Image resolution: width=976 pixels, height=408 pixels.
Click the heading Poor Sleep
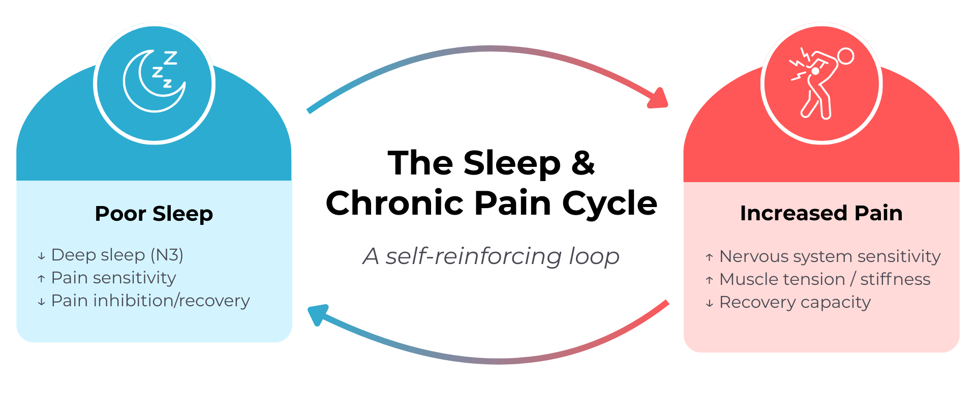click(154, 214)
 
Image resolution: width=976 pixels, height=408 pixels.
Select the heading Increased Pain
click(821, 213)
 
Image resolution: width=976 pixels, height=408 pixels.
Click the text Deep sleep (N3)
click(117, 254)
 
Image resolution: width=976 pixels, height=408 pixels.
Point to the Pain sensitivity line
click(113, 278)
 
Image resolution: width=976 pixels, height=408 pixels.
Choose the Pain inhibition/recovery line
click(150, 301)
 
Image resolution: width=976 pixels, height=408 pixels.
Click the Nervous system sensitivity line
click(830, 256)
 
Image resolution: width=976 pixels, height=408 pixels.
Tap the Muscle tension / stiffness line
click(825, 279)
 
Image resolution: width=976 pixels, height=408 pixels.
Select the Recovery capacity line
click(795, 302)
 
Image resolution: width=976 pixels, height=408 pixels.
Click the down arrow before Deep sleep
click(41, 256)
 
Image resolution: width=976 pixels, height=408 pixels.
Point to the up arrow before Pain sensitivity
click(41, 279)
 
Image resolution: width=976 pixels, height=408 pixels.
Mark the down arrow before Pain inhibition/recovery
click(41, 302)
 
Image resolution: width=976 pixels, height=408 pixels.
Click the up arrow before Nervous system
click(709, 257)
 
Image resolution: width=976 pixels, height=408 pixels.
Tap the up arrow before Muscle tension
click(709, 280)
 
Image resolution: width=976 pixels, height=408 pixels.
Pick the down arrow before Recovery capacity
click(709, 304)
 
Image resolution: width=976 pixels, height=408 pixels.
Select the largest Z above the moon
click(170, 57)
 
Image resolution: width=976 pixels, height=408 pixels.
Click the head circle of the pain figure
click(845, 56)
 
